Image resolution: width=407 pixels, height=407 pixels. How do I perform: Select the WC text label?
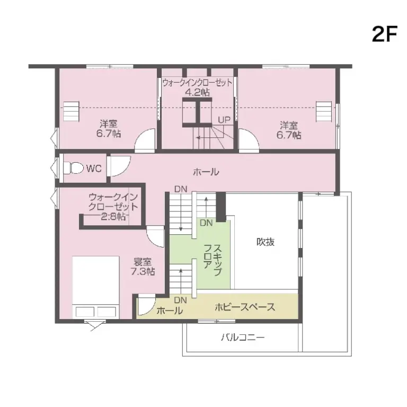[94, 169]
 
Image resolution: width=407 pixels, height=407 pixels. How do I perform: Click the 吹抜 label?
[266, 242]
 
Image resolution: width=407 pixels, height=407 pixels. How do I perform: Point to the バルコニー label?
[243, 337]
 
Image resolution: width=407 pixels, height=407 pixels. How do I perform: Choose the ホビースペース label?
[244, 307]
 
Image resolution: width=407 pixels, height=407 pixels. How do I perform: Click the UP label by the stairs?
[224, 120]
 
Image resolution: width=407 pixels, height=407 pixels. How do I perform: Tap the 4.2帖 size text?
[197, 92]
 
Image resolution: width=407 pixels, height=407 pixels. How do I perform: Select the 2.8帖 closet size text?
[113, 216]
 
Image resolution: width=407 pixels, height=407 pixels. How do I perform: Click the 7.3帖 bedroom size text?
[143, 272]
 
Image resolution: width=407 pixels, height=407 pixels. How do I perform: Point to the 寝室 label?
[143, 262]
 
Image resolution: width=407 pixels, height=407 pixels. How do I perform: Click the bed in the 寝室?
[96, 287]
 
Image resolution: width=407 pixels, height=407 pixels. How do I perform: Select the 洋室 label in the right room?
[289, 125]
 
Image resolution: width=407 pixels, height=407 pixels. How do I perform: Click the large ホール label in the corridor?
[206, 172]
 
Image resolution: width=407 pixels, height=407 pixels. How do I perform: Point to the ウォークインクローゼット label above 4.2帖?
[197, 83]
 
